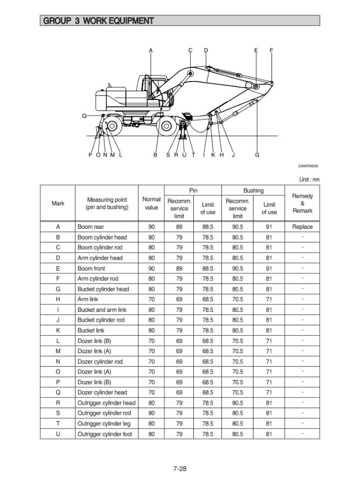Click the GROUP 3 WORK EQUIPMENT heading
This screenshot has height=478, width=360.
[x=98, y=21]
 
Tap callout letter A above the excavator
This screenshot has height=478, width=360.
[x=150, y=50]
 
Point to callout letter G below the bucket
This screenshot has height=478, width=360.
[x=257, y=155]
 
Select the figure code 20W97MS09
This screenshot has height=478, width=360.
[x=308, y=166]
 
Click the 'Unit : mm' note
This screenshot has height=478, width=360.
[x=309, y=179]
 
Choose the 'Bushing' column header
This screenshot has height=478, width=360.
[x=253, y=191]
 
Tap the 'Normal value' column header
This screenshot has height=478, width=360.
[x=151, y=203]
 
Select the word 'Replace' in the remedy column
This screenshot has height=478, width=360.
[x=302, y=227]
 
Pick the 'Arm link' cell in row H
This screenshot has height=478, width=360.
[x=88, y=299]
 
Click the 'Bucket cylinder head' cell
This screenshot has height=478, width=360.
[x=103, y=289]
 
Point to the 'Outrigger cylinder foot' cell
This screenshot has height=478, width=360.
[x=105, y=434]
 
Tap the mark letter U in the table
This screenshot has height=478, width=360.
[x=58, y=434]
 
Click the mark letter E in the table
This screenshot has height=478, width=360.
[x=58, y=268]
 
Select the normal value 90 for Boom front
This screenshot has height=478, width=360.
[x=151, y=268]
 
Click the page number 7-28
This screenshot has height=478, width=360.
[x=179, y=468]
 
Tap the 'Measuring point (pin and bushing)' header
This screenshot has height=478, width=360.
[x=107, y=203]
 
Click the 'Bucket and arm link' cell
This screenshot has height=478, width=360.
[x=102, y=310]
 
